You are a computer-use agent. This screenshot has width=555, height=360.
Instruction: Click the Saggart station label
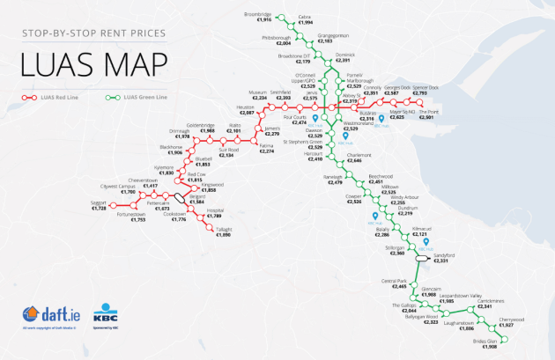tap(99, 202)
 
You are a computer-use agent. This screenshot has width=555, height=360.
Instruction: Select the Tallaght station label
tap(224, 230)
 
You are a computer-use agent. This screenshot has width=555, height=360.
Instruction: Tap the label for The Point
tap(427, 112)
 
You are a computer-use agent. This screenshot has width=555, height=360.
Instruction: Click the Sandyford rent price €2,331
tap(442, 261)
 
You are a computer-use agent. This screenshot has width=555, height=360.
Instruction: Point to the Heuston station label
tap(246, 107)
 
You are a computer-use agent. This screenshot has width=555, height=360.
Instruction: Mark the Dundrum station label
tap(406, 208)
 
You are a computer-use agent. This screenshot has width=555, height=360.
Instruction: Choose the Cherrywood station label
tap(512, 320)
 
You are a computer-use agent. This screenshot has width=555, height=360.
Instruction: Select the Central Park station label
tap(393, 281)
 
